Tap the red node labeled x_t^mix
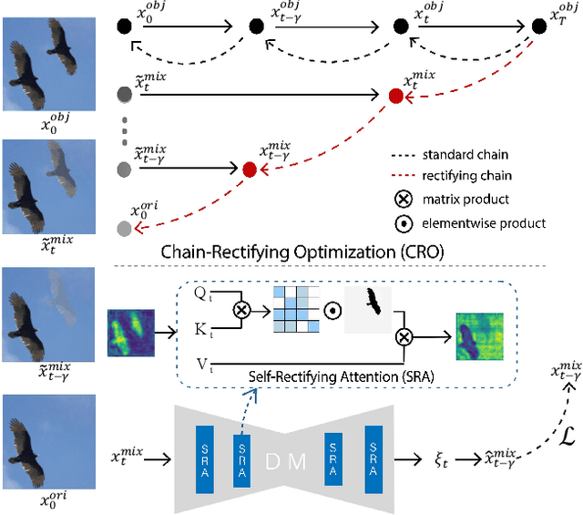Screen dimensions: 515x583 [x=395, y=96]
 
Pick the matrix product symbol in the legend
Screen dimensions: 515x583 [x=397, y=199]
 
